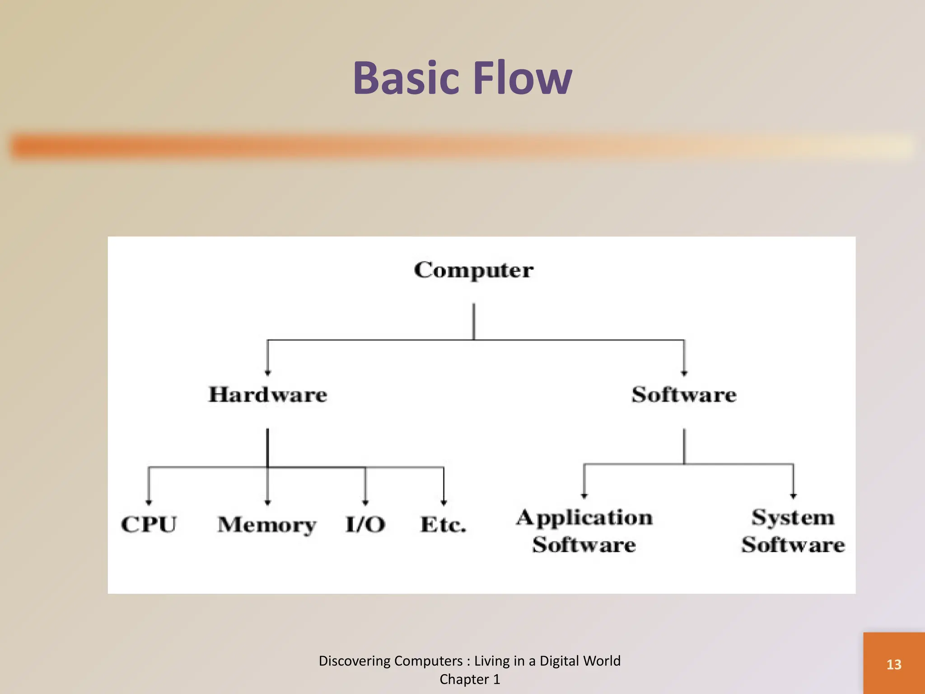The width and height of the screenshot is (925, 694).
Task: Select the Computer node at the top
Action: click(x=473, y=270)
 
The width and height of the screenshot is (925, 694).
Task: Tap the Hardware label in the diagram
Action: click(x=268, y=394)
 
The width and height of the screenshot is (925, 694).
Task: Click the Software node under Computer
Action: click(x=684, y=394)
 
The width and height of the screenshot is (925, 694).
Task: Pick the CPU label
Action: click(x=149, y=525)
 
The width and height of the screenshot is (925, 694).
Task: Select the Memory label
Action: click(x=267, y=525)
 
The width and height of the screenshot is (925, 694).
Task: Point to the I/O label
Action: click(x=365, y=525)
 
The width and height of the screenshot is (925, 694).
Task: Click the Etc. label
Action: click(x=443, y=525)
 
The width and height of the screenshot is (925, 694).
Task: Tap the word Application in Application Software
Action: click(x=584, y=518)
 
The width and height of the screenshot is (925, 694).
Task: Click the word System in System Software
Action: click(x=793, y=517)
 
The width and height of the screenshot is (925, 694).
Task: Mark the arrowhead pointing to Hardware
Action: click(x=268, y=373)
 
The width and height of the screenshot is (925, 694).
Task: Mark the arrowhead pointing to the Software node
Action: click(x=684, y=373)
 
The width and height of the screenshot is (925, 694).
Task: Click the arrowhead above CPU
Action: click(x=149, y=502)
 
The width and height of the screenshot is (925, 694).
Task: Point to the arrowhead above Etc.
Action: click(x=444, y=502)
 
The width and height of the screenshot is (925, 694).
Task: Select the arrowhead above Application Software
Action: click(x=584, y=496)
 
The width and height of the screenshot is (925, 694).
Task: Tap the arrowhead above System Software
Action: click(x=793, y=496)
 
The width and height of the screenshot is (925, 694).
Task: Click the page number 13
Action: click(x=894, y=665)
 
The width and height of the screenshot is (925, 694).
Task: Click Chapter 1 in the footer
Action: click(x=470, y=680)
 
